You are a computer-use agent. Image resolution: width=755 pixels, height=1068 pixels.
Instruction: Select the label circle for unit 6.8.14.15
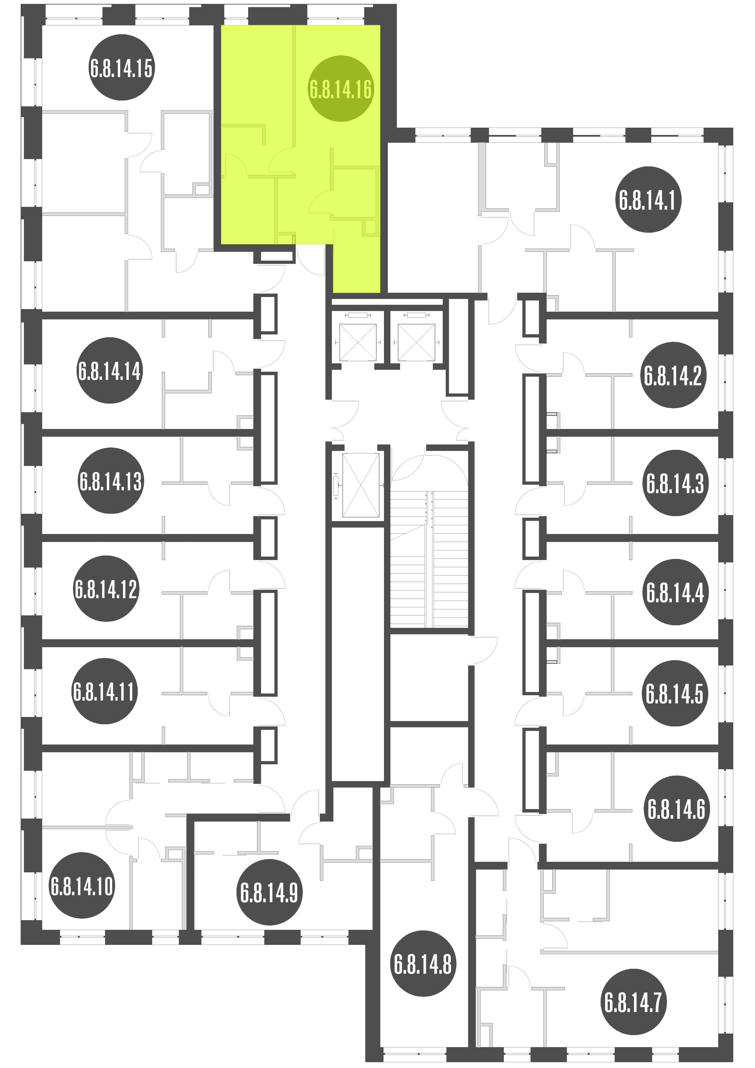121,68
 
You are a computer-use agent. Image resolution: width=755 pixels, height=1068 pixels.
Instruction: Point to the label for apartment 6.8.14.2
673,375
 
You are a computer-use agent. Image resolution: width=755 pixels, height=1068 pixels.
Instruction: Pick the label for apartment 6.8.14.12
106,588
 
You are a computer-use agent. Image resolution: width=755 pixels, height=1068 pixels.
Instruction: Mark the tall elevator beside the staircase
361,485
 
